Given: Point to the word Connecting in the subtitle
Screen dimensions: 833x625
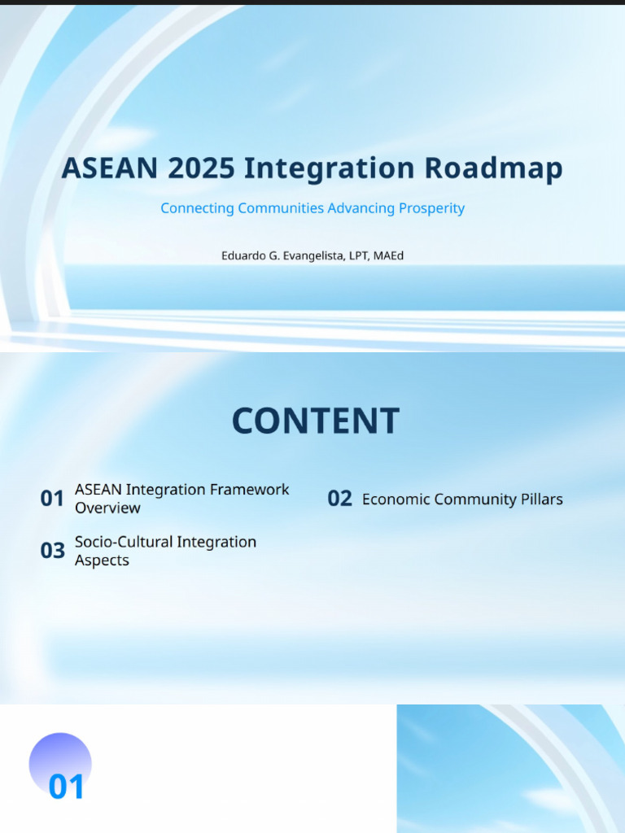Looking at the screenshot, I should [197, 208].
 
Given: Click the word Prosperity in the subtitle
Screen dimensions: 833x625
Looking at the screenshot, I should [431, 208].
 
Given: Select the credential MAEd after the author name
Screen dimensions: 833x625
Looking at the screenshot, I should [388, 255].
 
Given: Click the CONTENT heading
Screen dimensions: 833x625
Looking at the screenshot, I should [315, 421].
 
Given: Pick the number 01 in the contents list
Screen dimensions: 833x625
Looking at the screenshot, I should [52, 499].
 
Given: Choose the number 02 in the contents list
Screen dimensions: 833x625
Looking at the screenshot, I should [339, 499].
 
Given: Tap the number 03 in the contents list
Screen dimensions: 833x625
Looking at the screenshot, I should [52, 551].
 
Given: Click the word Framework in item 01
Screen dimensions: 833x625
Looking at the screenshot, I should [250, 490].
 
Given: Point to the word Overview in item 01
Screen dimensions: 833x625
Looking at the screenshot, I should [107, 508].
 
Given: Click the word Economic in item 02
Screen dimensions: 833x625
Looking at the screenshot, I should [396, 499].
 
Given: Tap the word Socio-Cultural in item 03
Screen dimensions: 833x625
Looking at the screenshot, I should [124, 542].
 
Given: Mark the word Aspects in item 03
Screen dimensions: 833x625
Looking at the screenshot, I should [102, 560].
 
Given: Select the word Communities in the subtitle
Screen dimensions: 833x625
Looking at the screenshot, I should [281, 208].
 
